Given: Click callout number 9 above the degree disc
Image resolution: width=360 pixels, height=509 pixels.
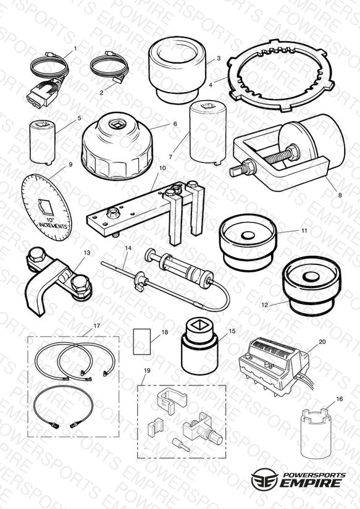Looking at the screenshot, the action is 70,165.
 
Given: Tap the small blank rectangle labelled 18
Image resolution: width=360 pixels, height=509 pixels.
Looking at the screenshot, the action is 142,342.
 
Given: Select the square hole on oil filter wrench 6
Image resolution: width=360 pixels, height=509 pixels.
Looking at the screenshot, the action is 115,124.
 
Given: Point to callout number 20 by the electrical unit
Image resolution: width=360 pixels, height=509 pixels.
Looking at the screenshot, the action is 322,342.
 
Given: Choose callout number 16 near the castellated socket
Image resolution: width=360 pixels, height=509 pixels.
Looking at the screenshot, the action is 339,399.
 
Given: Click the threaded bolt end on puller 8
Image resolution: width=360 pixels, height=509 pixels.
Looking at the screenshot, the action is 237,170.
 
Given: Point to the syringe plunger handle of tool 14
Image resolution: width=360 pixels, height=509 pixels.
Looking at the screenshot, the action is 150,253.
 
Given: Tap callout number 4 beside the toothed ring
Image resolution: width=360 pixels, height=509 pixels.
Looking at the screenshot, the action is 211,85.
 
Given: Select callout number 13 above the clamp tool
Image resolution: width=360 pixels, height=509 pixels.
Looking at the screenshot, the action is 87,253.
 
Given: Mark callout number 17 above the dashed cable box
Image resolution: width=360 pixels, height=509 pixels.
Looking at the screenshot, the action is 97,326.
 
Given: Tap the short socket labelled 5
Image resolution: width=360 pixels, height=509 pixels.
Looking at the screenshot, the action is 43,141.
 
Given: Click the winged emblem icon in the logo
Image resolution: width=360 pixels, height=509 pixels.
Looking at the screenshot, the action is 264,479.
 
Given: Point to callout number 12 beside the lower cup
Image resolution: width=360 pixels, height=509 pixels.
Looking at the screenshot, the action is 265,305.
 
